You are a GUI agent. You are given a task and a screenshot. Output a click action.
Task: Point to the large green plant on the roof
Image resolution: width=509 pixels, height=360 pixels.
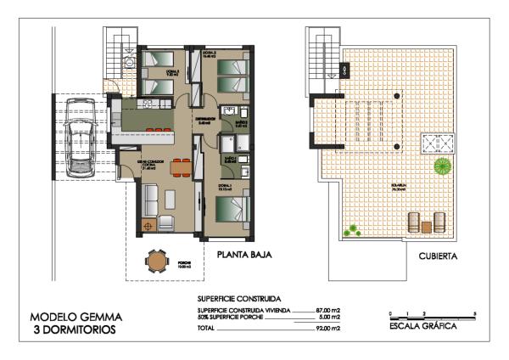[442, 166]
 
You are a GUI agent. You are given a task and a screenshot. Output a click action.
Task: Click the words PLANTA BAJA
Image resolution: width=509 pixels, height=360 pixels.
[244, 254]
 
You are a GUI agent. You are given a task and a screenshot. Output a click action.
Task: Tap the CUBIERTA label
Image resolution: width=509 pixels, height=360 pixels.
[439, 254]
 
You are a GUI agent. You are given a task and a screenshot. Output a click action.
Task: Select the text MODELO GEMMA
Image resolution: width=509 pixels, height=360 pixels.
[75, 318]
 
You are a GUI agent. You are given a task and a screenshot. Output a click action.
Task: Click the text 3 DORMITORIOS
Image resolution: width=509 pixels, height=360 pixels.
[75, 330]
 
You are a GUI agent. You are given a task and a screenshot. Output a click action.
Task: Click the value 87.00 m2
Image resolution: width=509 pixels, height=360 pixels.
[327, 311]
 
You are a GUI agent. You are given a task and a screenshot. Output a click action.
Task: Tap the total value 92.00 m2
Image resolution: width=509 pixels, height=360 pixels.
[327, 328]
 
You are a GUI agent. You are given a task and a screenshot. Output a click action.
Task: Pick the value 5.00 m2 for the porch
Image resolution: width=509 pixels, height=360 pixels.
[329, 318]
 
